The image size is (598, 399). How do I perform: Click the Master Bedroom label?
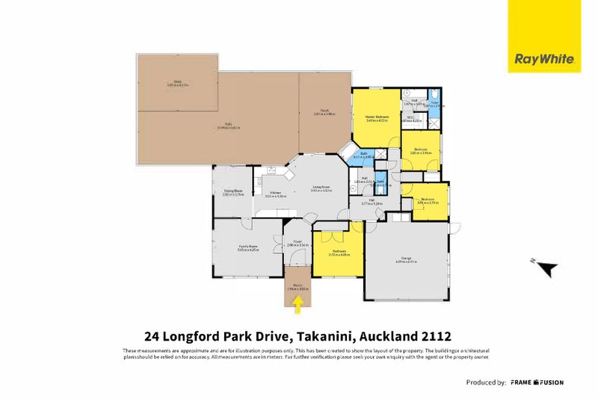pyautogui.click(x=377, y=118)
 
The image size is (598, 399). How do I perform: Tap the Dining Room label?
pyautogui.click(x=232, y=192)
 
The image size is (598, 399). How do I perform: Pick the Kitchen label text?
pyautogui.click(x=276, y=194)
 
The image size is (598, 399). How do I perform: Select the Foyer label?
pyautogui.click(x=297, y=242)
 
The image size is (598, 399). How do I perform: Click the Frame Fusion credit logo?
pyautogui.click(x=537, y=383)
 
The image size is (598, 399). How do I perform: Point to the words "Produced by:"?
pyautogui.click(x=486, y=383)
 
